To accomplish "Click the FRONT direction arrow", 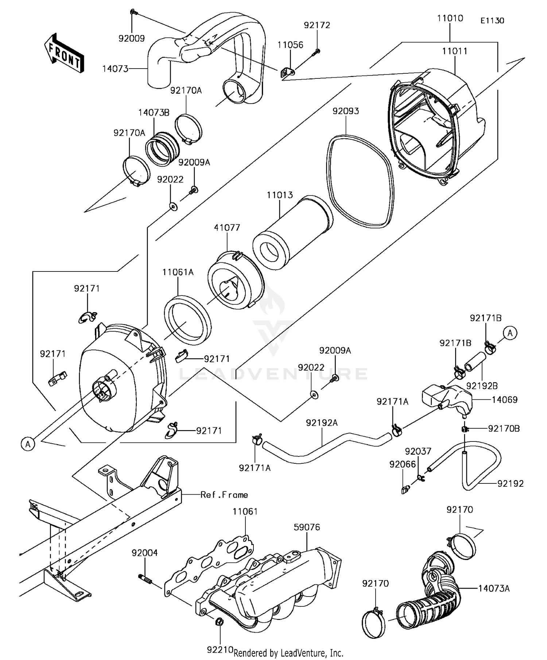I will tap(64, 54).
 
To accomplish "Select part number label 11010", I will tap(450, 18).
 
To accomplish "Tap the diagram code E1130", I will tap(492, 21).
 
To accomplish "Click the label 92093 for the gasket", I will tap(345, 111).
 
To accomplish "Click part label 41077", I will tap(227, 228).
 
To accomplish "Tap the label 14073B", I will tap(154, 112).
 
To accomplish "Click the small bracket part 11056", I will tap(287, 73).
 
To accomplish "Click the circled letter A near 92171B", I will tap(510, 333).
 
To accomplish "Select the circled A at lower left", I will tap(28, 444).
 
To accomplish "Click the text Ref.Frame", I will tap(224, 495).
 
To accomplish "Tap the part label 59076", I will tap(307, 527).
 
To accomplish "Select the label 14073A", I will tap(494, 588).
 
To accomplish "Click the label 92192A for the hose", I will tap(322, 423).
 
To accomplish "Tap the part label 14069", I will tap(504, 400).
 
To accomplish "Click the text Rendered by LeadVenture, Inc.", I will tap(288, 653).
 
